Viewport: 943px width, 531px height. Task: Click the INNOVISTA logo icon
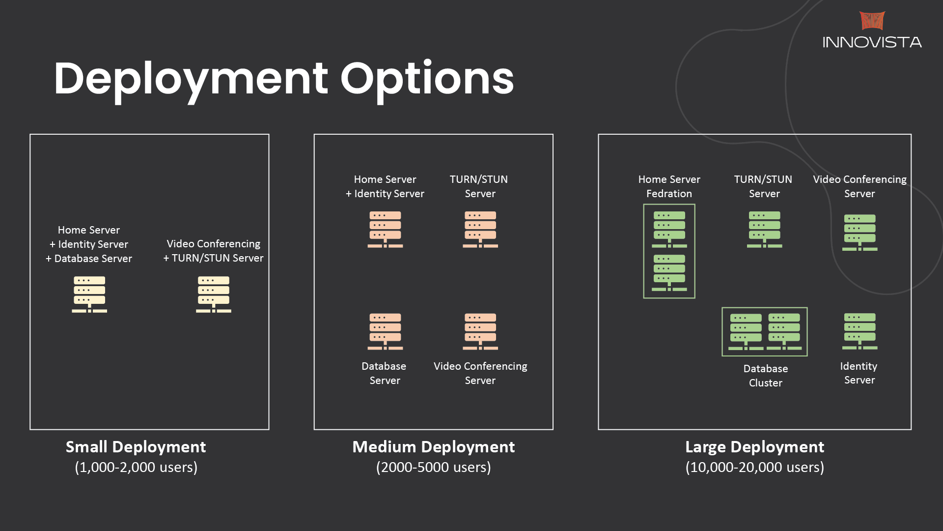[x=872, y=21]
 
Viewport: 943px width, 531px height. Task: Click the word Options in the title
[x=427, y=79]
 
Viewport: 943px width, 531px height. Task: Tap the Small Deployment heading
[x=136, y=447]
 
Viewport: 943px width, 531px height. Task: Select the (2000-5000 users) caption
[x=434, y=467]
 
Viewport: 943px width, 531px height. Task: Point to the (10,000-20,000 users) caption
[x=755, y=467]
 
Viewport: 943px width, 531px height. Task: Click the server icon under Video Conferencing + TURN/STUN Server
[x=214, y=295]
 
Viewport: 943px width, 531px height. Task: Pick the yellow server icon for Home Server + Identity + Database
[x=89, y=295]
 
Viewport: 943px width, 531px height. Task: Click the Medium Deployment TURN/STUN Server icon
[x=480, y=230]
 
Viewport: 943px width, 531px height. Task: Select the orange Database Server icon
[x=385, y=332]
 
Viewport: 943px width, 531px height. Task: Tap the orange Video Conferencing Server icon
[x=480, y=332]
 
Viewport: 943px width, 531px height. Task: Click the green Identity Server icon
[x=860, y=331]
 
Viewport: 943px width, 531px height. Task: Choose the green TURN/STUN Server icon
[x=765, y=230]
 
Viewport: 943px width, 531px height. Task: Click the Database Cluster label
[x=766, y=376]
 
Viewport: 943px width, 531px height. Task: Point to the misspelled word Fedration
[x=669, y=194]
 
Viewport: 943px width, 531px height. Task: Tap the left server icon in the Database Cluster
[x=746, y=332]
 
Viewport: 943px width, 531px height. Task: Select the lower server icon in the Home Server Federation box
[x=669, y=273]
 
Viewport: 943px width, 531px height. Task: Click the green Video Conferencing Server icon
[x=860, y=233]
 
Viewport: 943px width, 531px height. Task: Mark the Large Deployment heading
[x=755, y=447]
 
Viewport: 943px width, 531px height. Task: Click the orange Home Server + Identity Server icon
[x=385, y=230]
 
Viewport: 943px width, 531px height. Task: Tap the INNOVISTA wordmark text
[x=872, y=42]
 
